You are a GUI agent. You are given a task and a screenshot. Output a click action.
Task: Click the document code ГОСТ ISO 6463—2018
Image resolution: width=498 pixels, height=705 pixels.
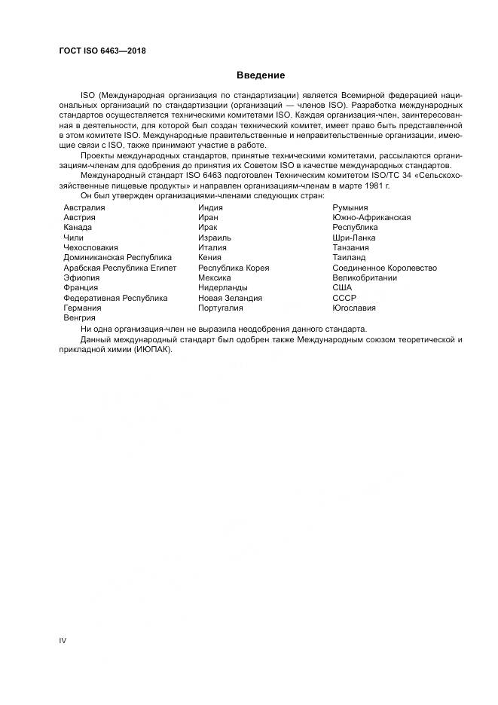tap(102, 51)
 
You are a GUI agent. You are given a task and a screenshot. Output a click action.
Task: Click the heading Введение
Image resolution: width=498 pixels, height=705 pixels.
tap(261, 75)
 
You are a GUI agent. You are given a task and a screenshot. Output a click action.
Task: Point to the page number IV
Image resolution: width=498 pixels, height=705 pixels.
tap(63, 640)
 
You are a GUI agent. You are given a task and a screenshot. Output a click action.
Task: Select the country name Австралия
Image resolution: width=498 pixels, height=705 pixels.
tap(84, 207)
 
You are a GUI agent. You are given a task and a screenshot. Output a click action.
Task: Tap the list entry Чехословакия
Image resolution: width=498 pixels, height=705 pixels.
tap(90, 247)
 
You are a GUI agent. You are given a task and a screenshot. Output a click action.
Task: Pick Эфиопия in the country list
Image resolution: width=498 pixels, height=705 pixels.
tap(81, 277)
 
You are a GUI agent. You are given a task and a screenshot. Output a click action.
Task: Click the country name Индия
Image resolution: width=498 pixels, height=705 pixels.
tap(212, 207)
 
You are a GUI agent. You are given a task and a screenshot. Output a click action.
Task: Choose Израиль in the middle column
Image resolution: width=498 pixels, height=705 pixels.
tap(215, 238)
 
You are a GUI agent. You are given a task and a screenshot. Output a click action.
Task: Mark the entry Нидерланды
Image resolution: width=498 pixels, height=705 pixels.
tap(222, 288)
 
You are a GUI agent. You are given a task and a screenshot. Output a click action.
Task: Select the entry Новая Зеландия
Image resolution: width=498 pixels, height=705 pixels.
tap(230, 298)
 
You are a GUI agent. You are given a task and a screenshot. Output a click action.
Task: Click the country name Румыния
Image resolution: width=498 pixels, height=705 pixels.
tap(350, 207)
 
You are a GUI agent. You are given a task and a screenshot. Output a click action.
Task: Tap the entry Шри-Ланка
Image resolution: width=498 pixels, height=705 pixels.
tap(354, 238)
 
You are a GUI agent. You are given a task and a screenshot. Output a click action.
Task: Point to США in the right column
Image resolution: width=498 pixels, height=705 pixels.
tap(342, 288)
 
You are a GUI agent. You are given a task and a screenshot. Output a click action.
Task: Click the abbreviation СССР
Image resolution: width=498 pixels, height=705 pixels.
tap(344, 298)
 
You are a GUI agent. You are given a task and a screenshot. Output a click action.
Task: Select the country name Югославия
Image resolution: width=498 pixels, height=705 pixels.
tap(354, 308)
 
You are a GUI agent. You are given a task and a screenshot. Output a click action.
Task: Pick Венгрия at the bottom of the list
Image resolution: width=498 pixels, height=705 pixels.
tap(79, 318)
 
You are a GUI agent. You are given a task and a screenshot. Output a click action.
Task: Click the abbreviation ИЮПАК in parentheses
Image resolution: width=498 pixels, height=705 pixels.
tap(154, 348)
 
